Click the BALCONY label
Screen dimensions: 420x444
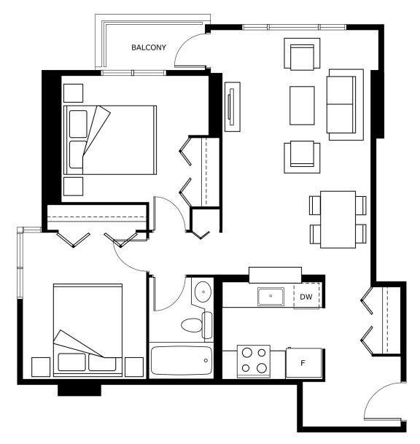[x=149, y=47]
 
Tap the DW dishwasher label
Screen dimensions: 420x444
[x=306, y=297]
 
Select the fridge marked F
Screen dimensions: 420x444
[x=303, y=363]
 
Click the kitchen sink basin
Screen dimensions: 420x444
[x=271, y=297]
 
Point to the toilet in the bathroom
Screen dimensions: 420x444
[x=197, y=325]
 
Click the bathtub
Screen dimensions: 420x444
[x=182, y=360]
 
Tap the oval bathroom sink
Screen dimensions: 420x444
[x=203, y=292]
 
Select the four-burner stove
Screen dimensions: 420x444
[x=254, y=361]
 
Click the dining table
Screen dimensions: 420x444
[x=338, y=219]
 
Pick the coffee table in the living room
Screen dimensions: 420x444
[x=302, y=106]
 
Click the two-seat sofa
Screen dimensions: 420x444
[x=345, y=104]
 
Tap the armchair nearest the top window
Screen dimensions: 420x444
[x=302, y=54]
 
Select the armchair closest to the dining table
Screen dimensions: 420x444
[x=302, y=157]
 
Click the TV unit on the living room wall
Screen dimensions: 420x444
[x=233, y=106]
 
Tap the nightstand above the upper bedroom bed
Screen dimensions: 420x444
[x=74, y=93]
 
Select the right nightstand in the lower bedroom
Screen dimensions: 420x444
[x=134, y=367]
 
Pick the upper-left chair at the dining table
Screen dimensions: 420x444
[x=315, y=206]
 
